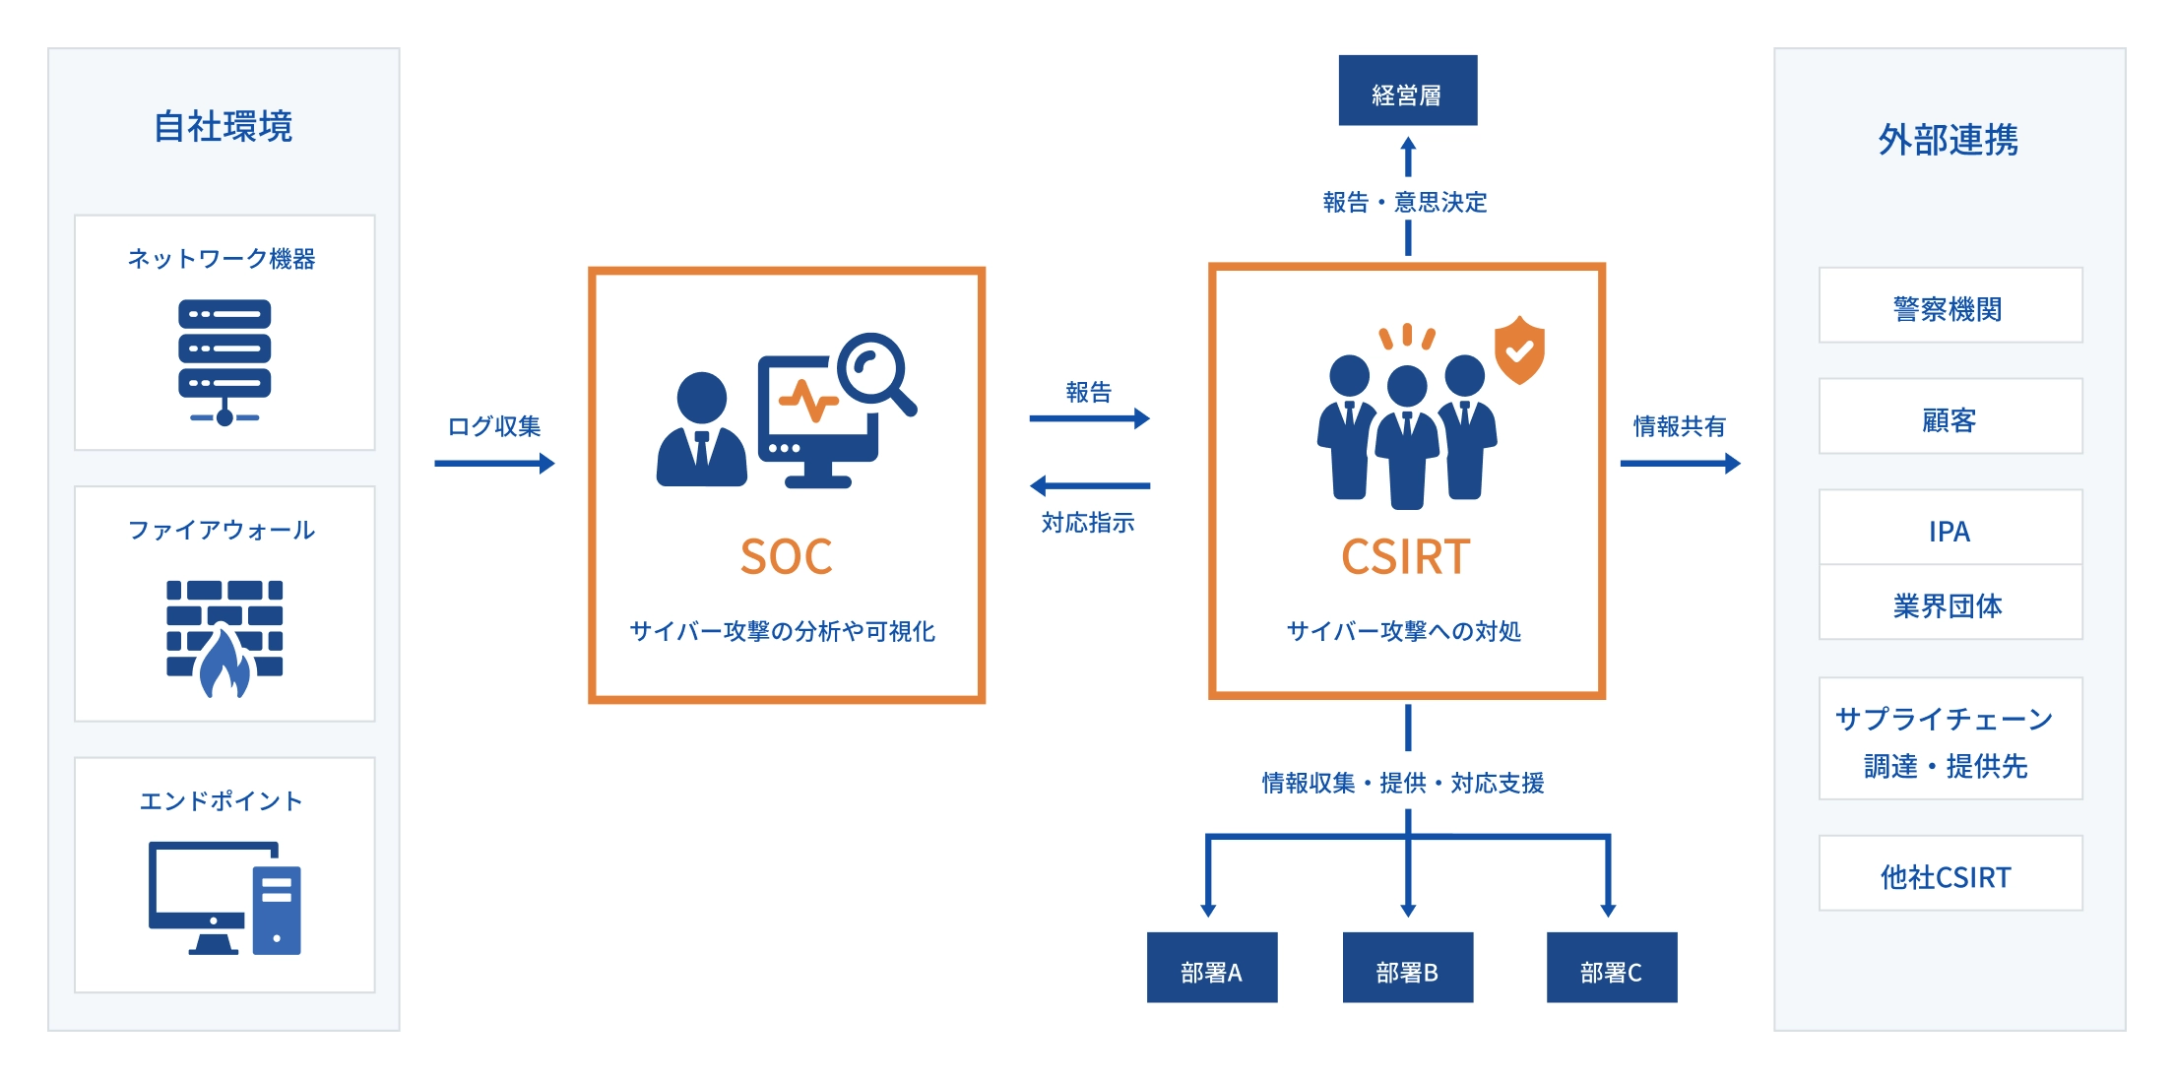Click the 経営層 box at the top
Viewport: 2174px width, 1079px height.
(x=1407, y=91)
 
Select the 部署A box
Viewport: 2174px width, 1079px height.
(x=1211, y=968)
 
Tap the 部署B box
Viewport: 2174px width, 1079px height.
(x=1407, y=968)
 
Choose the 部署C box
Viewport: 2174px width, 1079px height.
(x=1611, y=968)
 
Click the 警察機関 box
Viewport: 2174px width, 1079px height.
(x=1950, y=306)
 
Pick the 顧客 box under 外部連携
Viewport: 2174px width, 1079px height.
(x=1950, y=417)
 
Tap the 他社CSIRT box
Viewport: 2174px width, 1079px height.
(x=1950, y=874)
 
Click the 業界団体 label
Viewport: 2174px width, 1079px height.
(x=1950, y=605)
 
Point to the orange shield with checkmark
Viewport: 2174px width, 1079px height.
(x=1519, y=349)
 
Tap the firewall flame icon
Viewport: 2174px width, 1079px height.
(x=224, y=662)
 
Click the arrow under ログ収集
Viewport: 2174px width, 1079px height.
(x=494, y=464)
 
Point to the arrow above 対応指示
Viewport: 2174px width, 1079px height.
(x=1089, y=485)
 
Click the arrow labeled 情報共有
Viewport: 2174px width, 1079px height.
(x=1680, y=464)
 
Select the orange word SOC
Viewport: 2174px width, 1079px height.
(x=786, y=557)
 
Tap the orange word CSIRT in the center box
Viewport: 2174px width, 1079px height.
(x=1405, y=557)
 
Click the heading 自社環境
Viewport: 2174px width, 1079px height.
(x=224, y=127)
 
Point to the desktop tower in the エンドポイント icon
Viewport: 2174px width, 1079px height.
(x=277, y=910)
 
